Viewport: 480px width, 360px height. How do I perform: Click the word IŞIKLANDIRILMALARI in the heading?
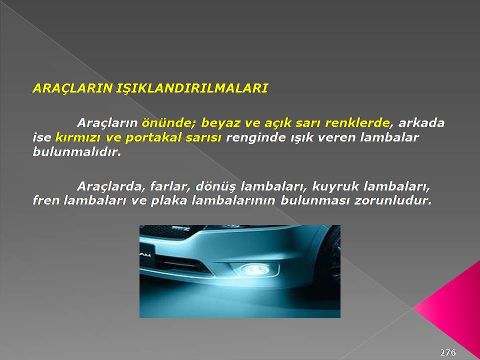pyautogui.click(x=192, y=88)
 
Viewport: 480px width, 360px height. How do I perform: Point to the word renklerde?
pyautogui.click(x=357, y=123)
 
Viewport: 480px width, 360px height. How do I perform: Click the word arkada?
pyautogui.click(x=421, y=123)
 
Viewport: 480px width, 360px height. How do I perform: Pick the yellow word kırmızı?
pyautogui.click(x=78, y=137)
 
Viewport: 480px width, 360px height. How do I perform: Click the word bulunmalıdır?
pyautogui.click(x=76, y=151)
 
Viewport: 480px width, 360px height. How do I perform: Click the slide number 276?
pyautogui.click(x=448, y=352)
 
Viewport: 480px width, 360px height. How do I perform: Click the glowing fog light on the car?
pyautogui.click(x=254, y=269)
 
